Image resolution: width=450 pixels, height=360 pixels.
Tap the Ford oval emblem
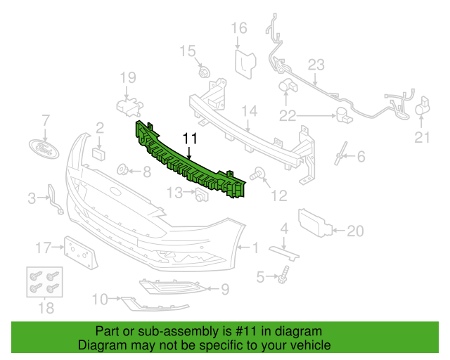tap(44, 149)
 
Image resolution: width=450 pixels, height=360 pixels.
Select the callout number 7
tap(46, 120)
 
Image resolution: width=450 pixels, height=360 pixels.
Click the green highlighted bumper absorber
tap(191, 160)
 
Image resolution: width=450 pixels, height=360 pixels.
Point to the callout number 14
tap(250, 111)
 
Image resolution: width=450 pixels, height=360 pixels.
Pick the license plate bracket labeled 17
tap(81, 253)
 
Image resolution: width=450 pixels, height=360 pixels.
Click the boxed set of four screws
tap(44, 282)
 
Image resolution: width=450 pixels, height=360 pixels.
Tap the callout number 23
tap(316, 65)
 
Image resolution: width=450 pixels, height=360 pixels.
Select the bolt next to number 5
tap(283, 275)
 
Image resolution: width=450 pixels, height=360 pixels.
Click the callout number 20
tap(355, 231)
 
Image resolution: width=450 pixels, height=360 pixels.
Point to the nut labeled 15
tap(205, 72)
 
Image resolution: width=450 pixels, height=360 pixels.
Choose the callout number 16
tap(239, 28)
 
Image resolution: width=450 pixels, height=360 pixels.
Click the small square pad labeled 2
tap(98, 154)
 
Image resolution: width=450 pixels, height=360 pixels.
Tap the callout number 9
tap(225, 289)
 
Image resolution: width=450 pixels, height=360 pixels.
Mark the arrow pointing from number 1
tap(243, 247)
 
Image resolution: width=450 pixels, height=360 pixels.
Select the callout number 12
tap(279, 195)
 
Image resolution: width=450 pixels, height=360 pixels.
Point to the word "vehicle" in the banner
tap(314, 345)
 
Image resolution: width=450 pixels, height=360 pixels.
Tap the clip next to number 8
tap(123, 169)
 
